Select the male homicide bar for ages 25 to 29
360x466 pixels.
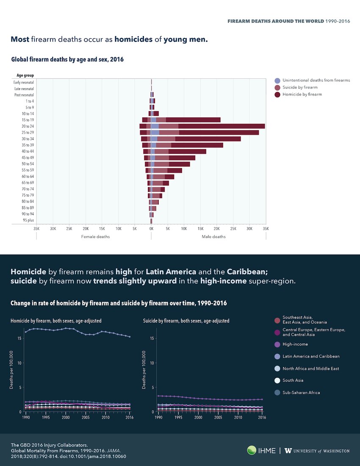tap(219, 133)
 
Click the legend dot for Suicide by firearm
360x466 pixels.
tap(277, 87)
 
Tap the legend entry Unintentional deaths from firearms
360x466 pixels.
tap(316, 80)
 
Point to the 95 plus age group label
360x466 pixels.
tap(28, 220)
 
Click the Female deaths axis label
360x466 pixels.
tap(95, 236)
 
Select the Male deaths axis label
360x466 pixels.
tap(213, 236)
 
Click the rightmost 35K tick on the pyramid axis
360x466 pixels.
tap(266, 229)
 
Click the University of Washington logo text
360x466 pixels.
tap(318, 451)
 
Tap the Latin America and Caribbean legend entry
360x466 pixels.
tap(311, 356)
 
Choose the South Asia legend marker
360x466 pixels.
tap(277, 380)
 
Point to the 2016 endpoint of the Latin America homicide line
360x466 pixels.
tap(130, 337)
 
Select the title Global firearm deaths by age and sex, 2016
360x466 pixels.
tap(67, 60)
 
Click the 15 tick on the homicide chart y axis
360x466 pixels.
tap(19, 338)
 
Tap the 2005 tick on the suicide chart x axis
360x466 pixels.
tap(218, 417)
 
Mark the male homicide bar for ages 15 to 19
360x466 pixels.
tap(193, 120)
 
